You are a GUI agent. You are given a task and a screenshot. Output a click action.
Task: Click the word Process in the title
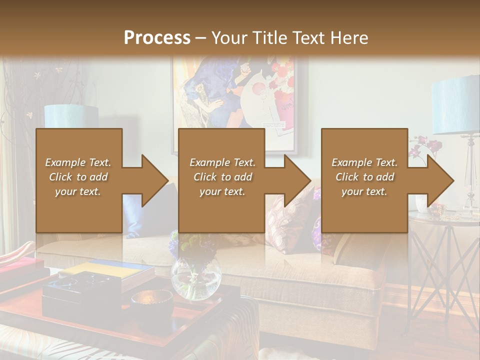pos(157,37)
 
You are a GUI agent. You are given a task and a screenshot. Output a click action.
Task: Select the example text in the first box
pos(78,177)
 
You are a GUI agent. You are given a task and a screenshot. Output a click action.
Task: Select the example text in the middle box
pos(222,177)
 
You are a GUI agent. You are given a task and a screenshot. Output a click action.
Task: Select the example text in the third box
pos(364,177)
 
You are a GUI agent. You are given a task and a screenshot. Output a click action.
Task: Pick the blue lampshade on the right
pos(455,105)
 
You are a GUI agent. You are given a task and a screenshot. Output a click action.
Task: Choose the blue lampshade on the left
pos(71,116)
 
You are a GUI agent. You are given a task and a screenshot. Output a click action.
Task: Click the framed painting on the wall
pos(240,95)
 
